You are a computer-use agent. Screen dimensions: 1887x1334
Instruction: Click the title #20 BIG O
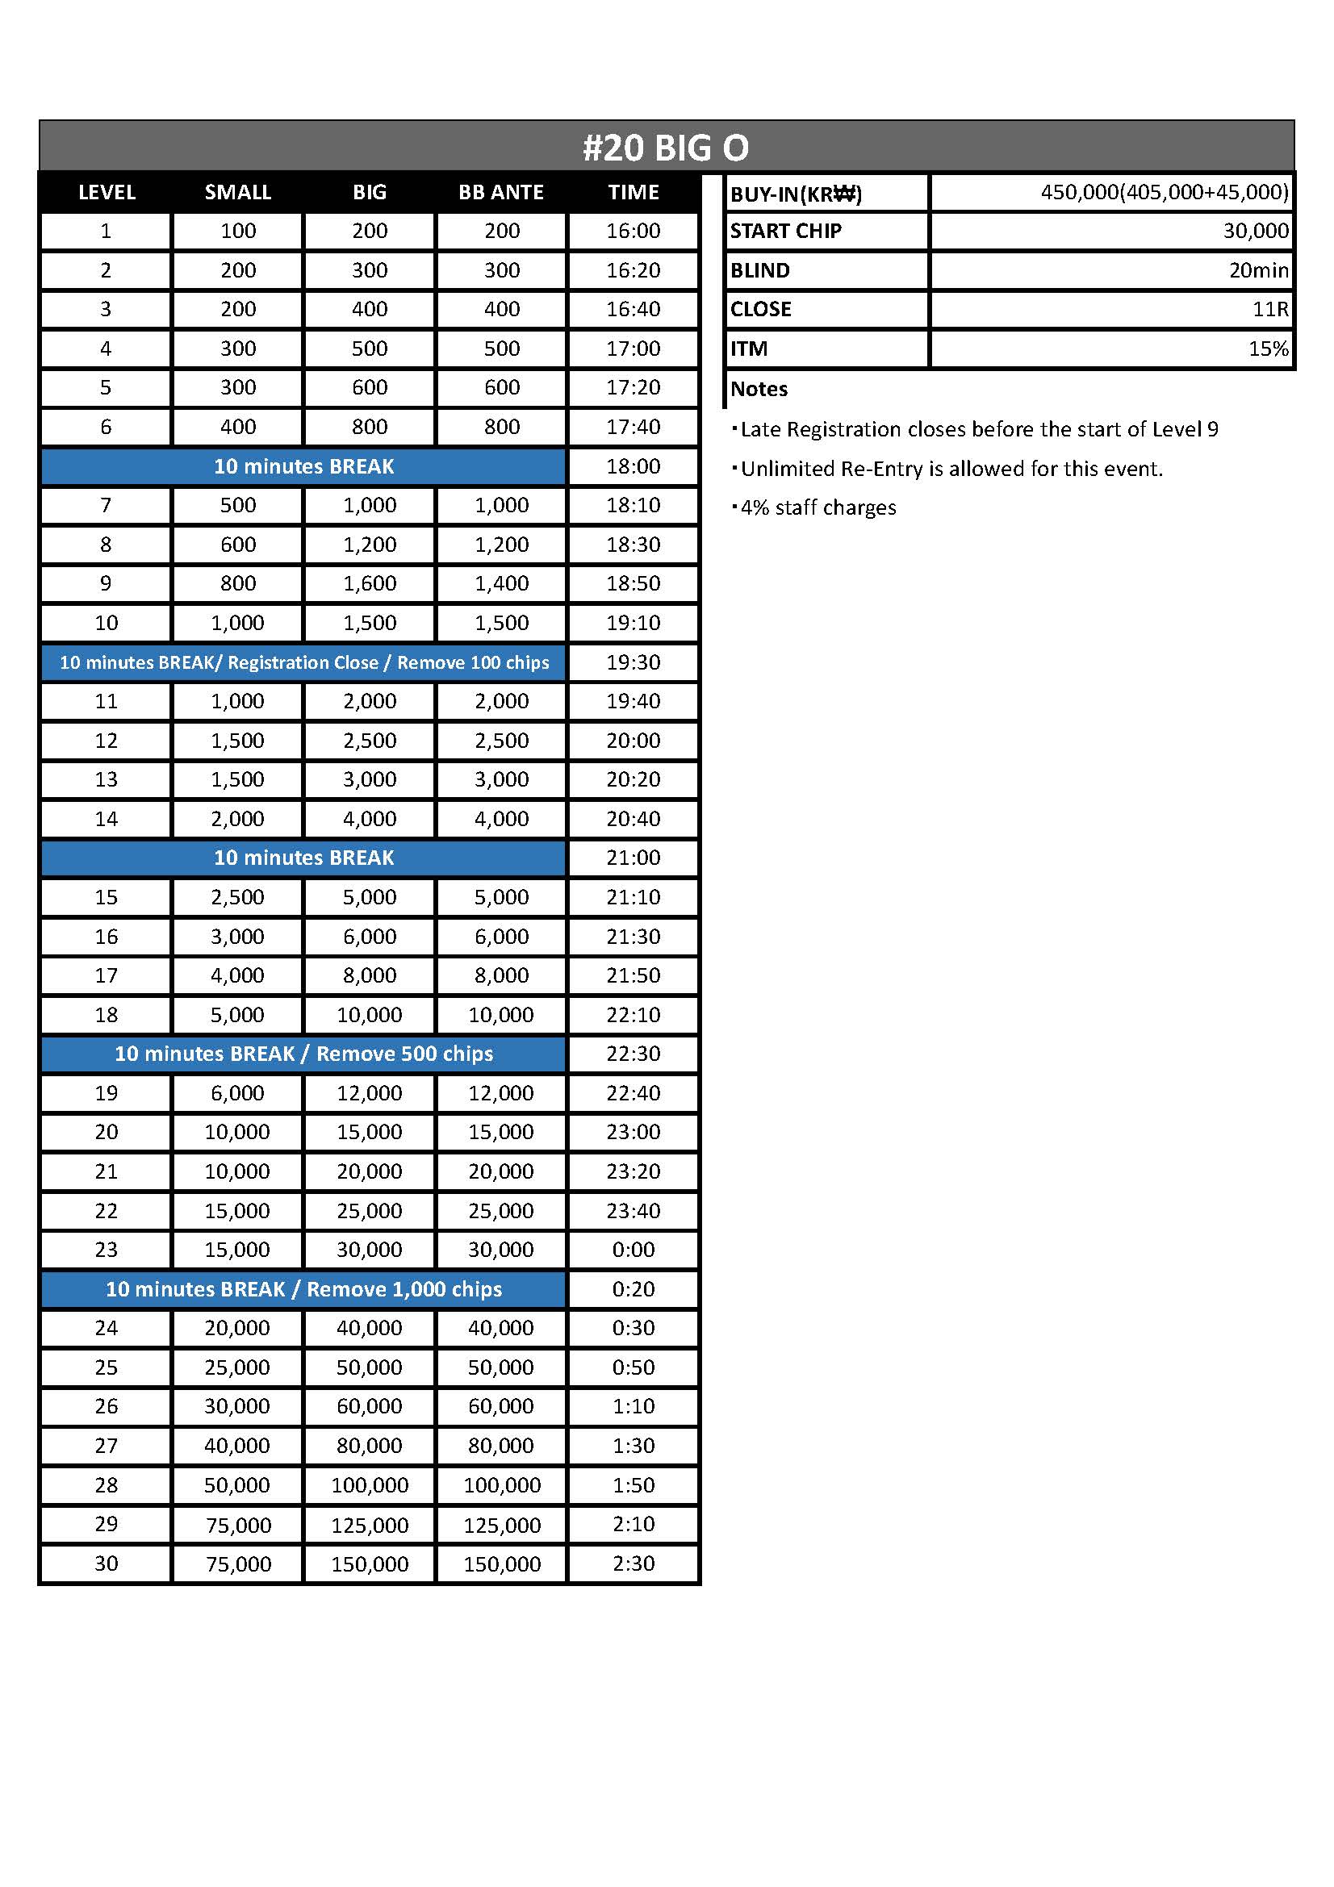(x=666, y=148)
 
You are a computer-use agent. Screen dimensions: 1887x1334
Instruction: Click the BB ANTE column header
(x=501, y=192)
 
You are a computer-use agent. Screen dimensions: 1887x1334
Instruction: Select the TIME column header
(x=633, y=192)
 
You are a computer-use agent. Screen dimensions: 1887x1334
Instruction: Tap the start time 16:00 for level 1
(x=633, y=231)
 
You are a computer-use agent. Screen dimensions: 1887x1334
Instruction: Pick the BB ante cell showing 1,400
(x=501, y=583)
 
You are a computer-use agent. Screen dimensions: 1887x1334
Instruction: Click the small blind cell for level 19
(x=237, y=1093)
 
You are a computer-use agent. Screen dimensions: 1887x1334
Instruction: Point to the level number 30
(x=106, y=1563)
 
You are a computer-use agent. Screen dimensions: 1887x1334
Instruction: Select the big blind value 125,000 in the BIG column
(x=370, y=1526)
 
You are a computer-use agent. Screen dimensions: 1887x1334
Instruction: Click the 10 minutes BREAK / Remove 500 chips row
(x=303, y=1054)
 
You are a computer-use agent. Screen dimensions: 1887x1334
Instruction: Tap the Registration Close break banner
(x=303, y=662)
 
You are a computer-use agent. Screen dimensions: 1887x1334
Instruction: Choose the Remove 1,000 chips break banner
(x=303, y=1288)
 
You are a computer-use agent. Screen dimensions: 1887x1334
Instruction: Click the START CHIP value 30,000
(x=1255, y=231)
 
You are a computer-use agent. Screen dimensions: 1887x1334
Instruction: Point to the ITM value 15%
(x=1269, y=349)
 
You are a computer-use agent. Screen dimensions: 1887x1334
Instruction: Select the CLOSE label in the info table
(x=761, y=310)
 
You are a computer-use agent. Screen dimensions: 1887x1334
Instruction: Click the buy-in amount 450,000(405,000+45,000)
(x=1164, y=192)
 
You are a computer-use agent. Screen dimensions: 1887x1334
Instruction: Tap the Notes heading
(x=759, y=389)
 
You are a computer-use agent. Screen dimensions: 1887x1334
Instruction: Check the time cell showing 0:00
(x=633, y=1249)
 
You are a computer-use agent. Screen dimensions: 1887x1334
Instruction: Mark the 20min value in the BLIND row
(x=1258, y=270)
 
